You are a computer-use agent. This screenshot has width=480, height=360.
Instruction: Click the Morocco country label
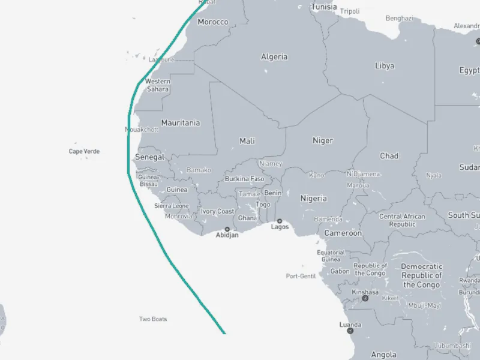coord(213,22)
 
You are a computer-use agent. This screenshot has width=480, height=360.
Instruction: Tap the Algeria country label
coord(274,57)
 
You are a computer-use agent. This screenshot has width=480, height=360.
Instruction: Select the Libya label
coord(385,65)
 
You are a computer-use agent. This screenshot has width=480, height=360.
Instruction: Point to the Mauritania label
coord(181,122)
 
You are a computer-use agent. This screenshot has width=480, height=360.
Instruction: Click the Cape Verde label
coord(84,151)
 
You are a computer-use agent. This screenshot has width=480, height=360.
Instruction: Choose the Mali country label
coord(247,141)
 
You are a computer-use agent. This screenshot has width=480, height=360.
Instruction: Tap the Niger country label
coord(322,140)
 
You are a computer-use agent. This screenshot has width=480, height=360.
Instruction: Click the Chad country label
coord(389,156)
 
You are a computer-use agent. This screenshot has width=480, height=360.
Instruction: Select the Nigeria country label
coord(313,198)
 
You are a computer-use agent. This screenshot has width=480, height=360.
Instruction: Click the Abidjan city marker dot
coord(227,229)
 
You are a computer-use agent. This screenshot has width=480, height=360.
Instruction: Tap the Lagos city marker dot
coord(280,221)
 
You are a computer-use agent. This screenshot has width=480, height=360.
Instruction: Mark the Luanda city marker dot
coord(350,331)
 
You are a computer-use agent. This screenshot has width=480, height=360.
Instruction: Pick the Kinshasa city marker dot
coord(365,298)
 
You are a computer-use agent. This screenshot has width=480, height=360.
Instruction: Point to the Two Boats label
coord(153,319)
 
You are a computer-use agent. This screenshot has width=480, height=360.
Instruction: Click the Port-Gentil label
coord(301,276)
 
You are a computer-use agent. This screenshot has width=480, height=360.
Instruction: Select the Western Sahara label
coord(158,85)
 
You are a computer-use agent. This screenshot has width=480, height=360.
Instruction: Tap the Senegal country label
coord(149,157)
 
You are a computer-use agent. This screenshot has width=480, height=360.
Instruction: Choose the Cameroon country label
coord(343,233)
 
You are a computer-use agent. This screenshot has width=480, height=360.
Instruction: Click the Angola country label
coord(384,354)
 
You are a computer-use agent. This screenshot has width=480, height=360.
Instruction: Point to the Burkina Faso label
coord(244,179)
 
